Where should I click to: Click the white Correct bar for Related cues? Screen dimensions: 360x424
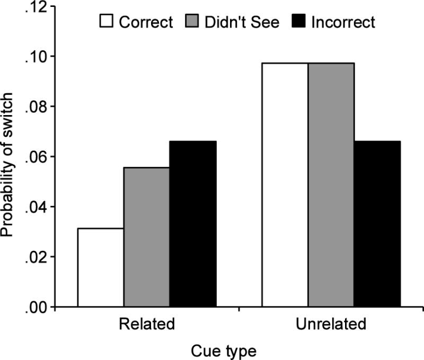tap(101, 268)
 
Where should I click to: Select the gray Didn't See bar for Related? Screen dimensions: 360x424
tap(147, 237)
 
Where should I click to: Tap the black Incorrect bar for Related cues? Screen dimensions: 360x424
tap(193, 224)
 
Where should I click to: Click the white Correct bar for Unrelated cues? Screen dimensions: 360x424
tap(286, 185)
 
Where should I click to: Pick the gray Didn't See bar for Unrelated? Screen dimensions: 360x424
tap(332, 185)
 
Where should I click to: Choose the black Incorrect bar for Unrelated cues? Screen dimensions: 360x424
tap(377, 224)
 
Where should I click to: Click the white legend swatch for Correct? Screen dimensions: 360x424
tap(107, 22)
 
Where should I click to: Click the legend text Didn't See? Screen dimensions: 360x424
tap(242, 22)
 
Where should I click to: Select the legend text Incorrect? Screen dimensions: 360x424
tap(343, 22)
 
